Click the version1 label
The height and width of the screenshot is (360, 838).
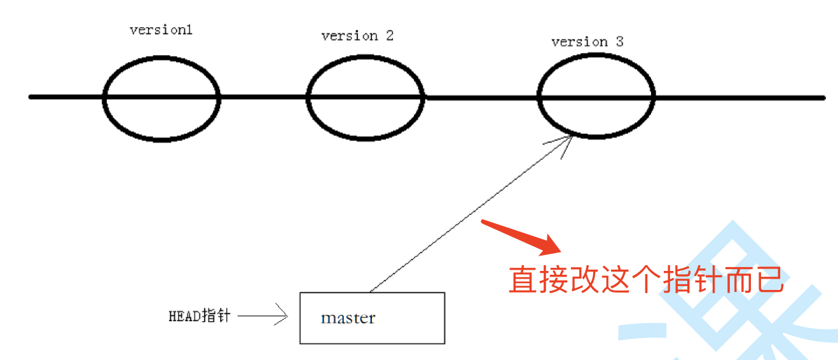coord(161,30)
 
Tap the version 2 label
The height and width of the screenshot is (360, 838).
coord(357,36)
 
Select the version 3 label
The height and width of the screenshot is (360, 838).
coord(587,42)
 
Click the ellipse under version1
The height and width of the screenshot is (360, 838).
coord(161,98)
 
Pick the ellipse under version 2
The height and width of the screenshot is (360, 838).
coord(365,97)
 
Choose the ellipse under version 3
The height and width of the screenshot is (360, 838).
coord(596,97)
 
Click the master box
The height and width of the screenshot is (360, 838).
coord(372,317)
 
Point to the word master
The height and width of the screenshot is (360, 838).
coord(348,317)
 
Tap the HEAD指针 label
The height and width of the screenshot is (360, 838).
coord(199,315)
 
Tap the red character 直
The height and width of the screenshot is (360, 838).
coord(523,279)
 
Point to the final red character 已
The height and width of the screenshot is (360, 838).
coord(769,279)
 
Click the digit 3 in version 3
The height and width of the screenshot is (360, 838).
coord(619,42)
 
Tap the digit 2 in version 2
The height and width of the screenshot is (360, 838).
coord(389,36)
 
